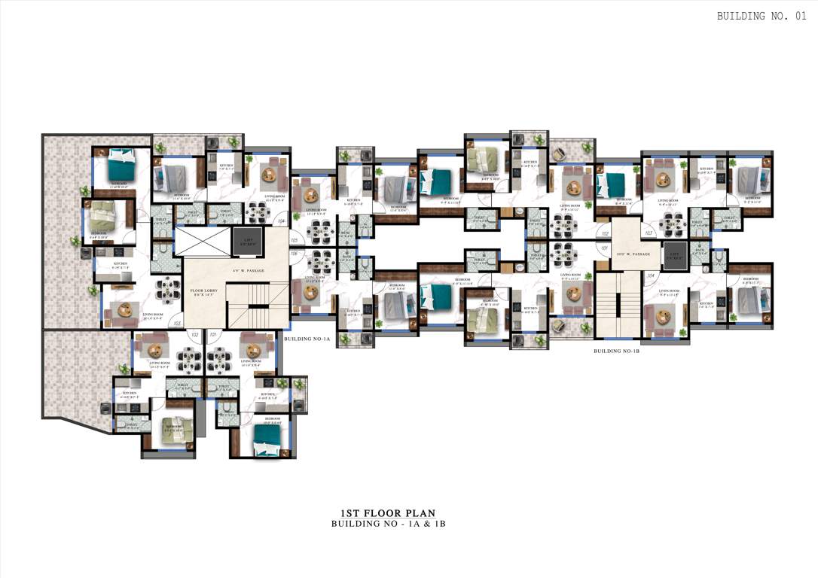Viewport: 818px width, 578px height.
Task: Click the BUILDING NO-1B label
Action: [616, 351]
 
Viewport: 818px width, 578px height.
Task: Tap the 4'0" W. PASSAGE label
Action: [249, 272]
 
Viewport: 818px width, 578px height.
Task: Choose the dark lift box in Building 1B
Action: [673, 256]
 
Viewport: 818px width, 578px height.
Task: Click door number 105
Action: [295, 241]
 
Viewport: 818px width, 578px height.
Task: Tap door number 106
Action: [295, 254]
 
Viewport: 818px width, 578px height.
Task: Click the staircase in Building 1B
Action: [616, 305]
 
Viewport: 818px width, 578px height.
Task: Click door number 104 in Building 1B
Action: [651, 276]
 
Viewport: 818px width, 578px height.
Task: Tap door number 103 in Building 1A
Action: [177, 323]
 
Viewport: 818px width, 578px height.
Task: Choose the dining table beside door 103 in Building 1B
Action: [668, 224]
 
